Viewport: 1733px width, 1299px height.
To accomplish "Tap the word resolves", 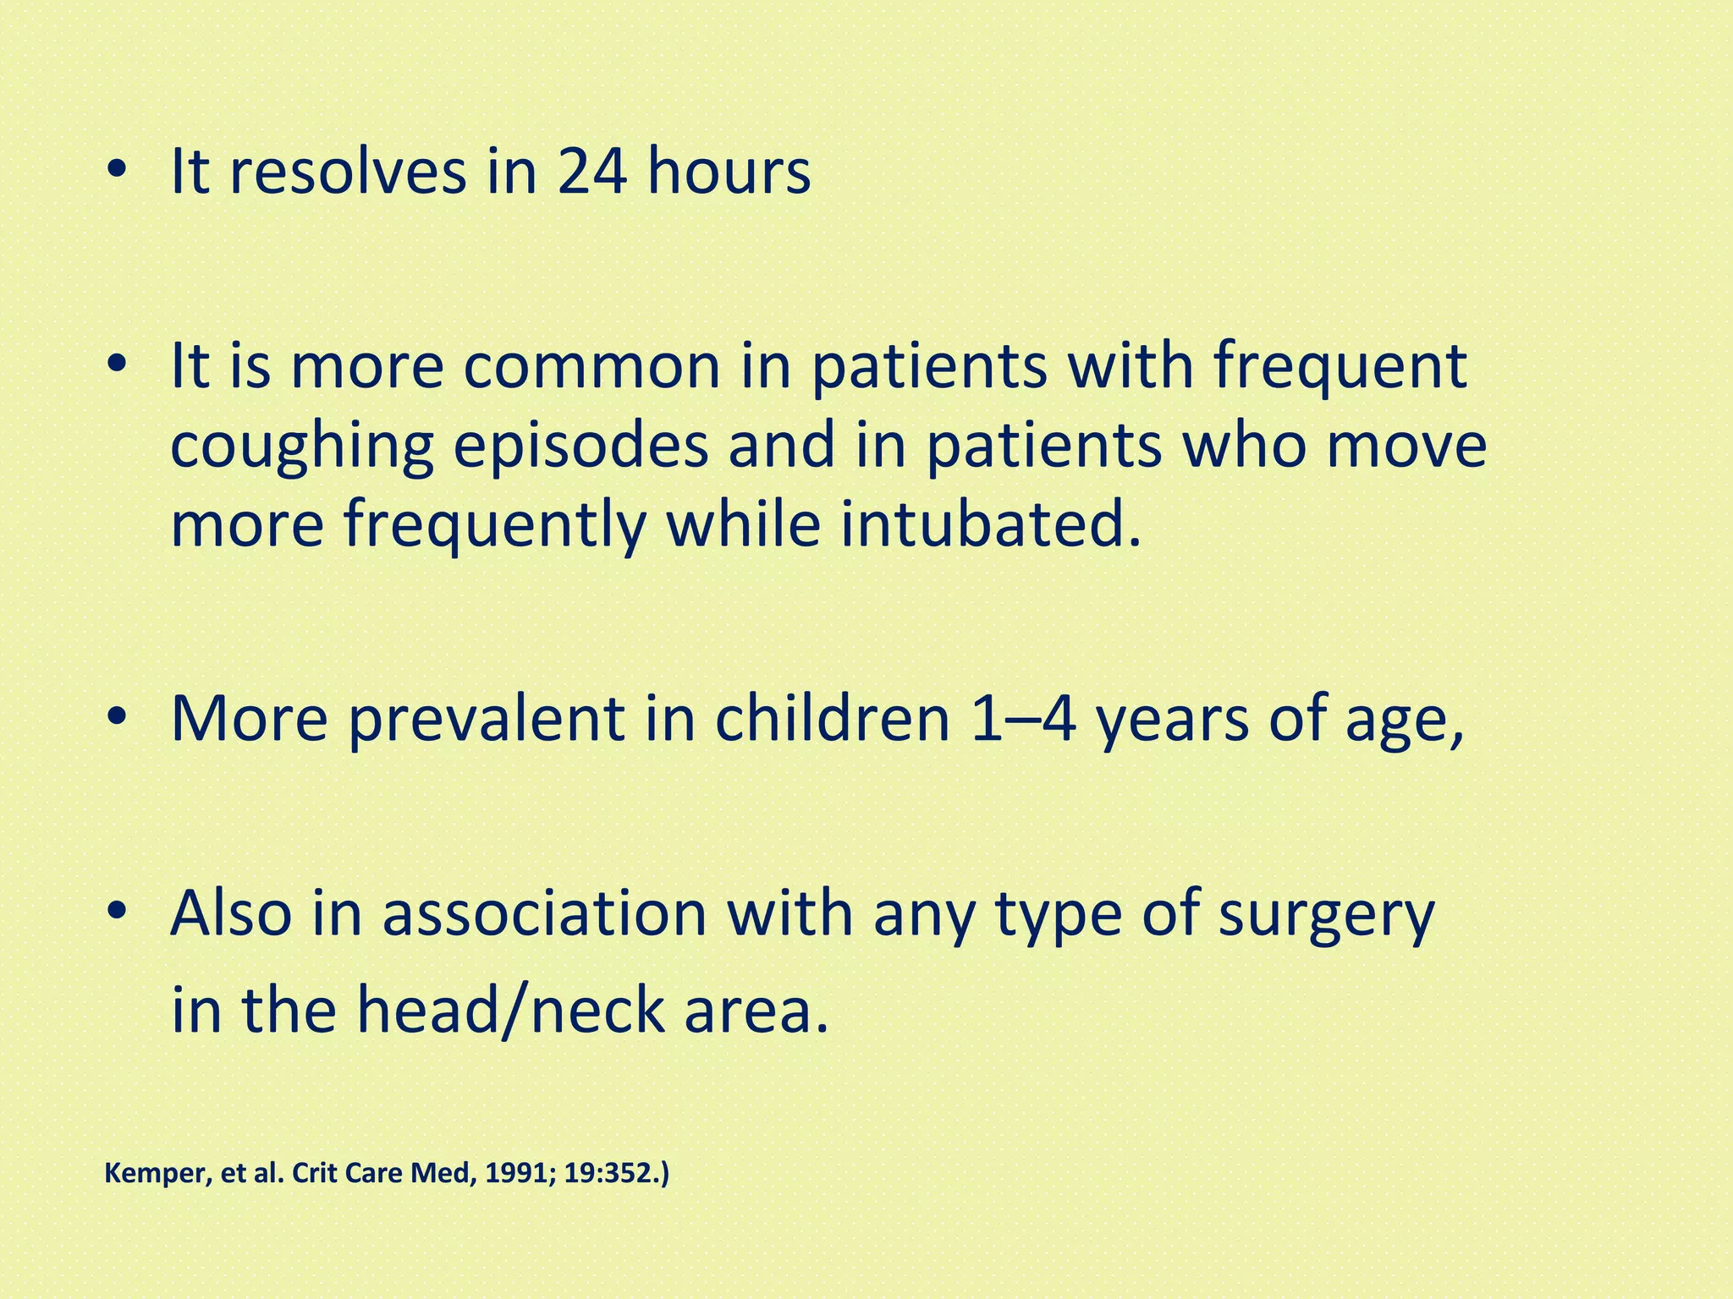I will tap(347, 173).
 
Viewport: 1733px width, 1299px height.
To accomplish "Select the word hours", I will tap(729, 173).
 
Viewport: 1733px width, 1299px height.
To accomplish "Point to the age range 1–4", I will tap(1022, 719).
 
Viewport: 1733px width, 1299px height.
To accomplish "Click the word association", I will tap(543, 913).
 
